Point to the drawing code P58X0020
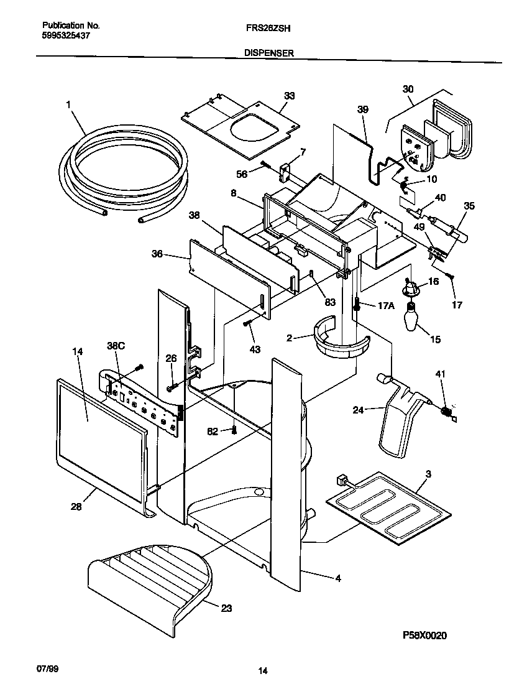click(x=424, y=635)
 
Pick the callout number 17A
click(x=386, y=305)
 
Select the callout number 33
click(x=290, y=96)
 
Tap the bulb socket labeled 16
click(x=410, y=288)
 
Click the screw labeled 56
click(x=265, y=165)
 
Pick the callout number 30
click(x=408, y=90)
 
